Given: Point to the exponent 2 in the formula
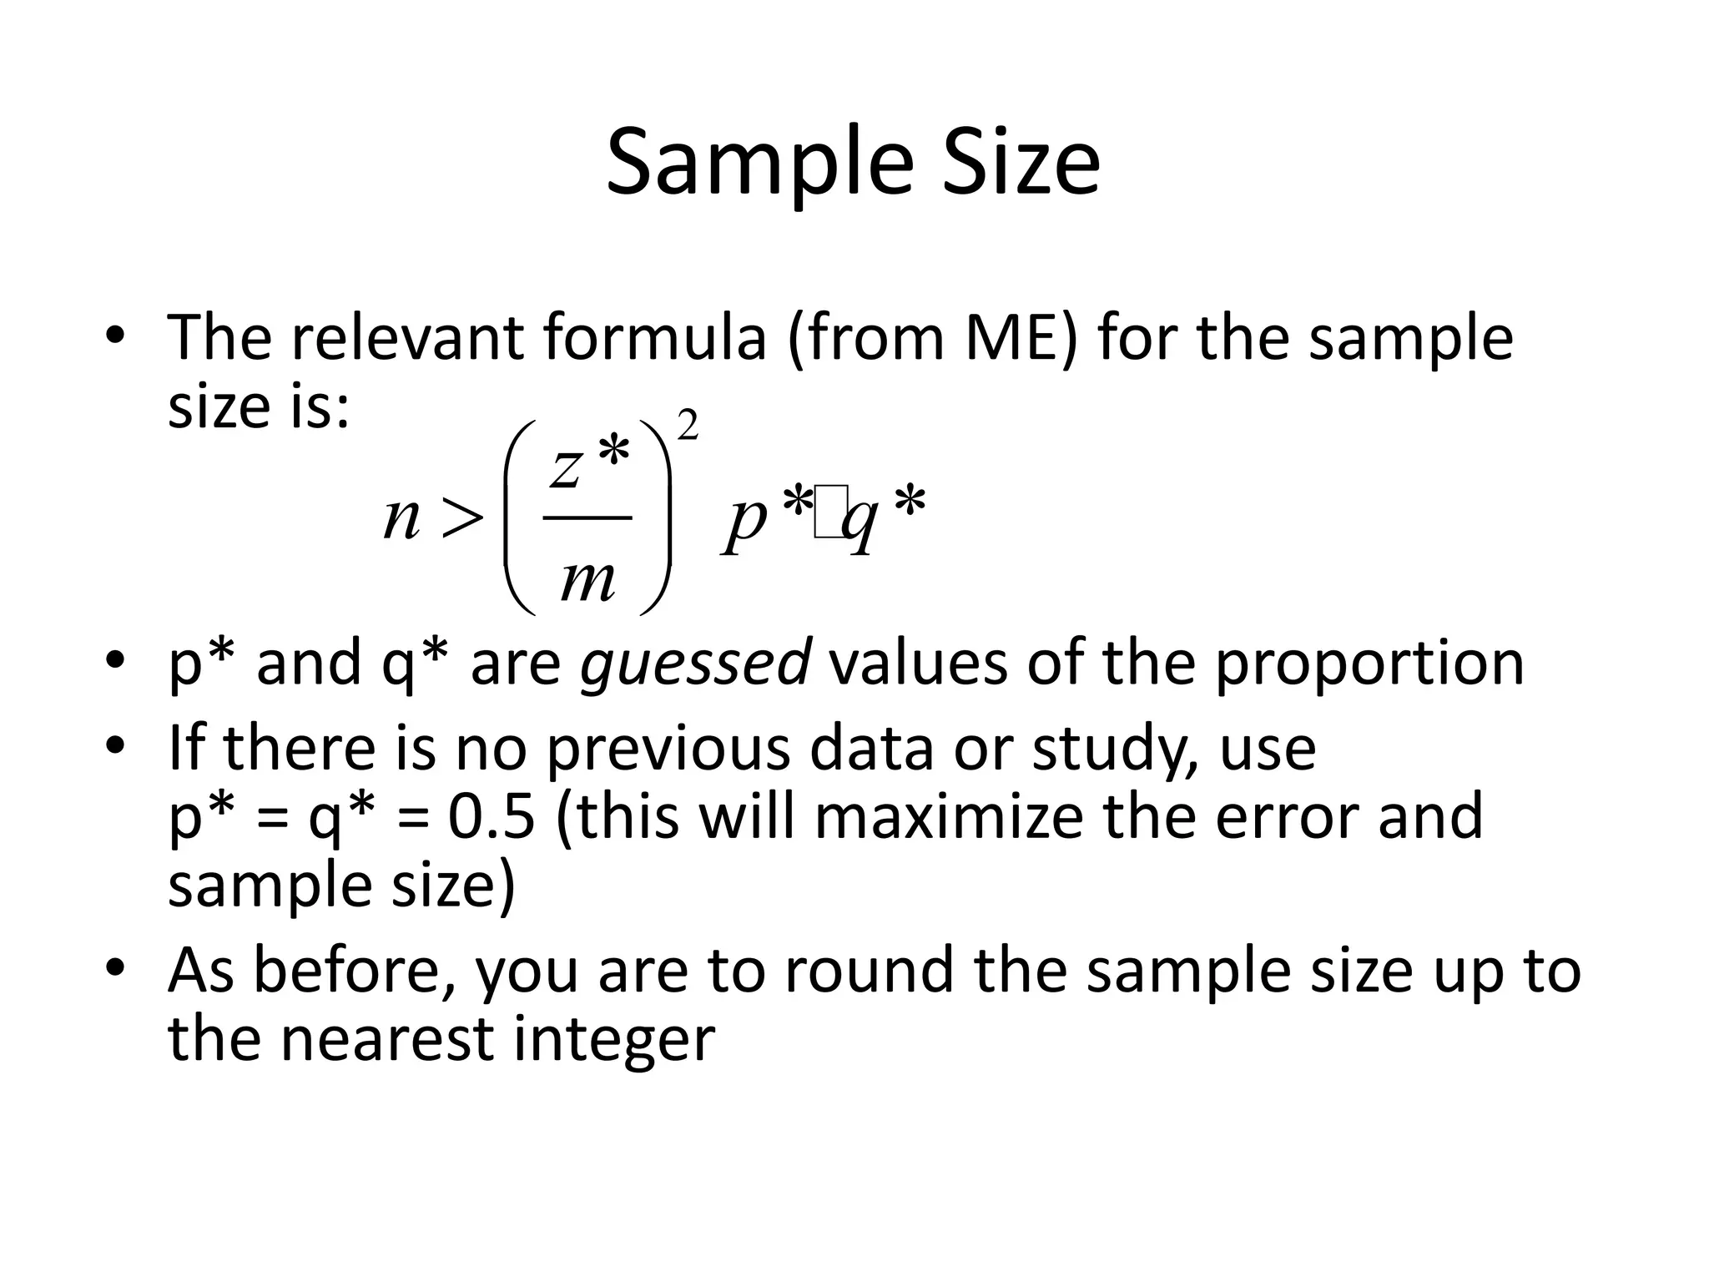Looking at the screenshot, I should point(688,426).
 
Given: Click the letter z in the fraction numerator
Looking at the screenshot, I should point(566,467).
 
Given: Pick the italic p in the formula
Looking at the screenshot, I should point(745,519).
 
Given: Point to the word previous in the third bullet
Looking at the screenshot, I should point(668,748).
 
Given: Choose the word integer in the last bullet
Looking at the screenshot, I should point(614,1039).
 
